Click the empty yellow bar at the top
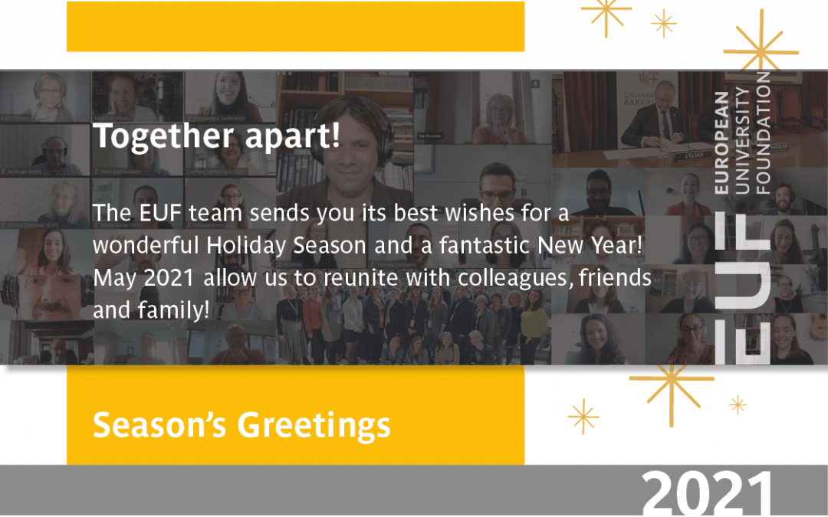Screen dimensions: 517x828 tap(295, 27)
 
